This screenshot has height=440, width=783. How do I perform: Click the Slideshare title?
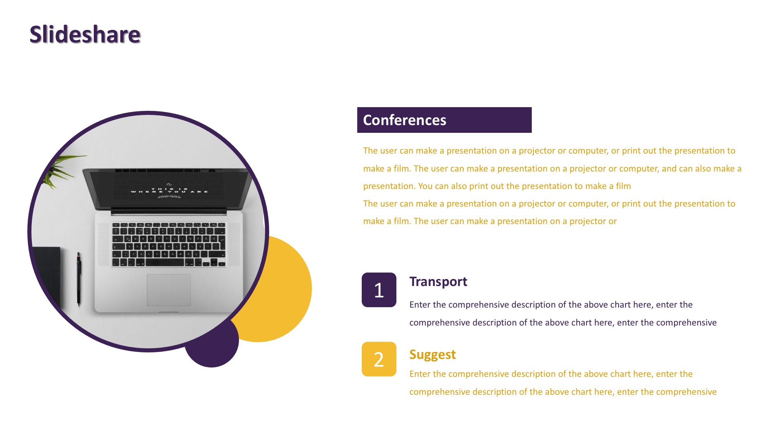pyautogui.click(x=85, y=34)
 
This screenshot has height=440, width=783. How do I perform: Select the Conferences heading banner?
pyautogui.click(x=445, y=120)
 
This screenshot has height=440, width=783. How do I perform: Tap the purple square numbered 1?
pyautogui.click(x=379, y=290)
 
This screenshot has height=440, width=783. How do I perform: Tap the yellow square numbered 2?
pyautogui.click(x=379, y=359)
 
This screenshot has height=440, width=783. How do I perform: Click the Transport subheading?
pyautogui.click(x=438, y=282)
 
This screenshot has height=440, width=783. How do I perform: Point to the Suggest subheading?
pyautogui.click(x=432, y=355)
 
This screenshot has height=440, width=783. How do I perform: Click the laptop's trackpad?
pyautogui.click(x=168, y=290)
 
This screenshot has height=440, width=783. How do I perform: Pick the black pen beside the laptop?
pyautogui.click(x=79, y=279)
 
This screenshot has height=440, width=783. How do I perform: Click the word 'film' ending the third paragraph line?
pyautogui.click(x=623, y=186)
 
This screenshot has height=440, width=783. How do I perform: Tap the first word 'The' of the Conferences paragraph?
pyautogui.click(x=370, y=151)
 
